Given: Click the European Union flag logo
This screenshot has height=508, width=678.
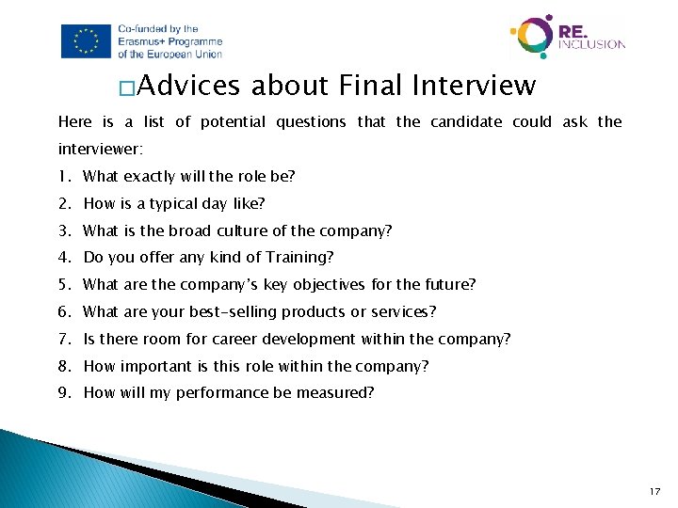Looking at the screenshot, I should point(88,41).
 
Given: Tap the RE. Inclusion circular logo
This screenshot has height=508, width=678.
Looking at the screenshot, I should point(532,37).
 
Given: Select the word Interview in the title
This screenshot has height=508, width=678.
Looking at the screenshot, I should point(475,87).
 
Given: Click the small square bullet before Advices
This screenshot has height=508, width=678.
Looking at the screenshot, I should point(127,89).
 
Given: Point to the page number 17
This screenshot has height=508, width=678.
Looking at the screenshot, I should point(655,492).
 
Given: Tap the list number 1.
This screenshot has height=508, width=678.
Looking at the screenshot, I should point(63,176).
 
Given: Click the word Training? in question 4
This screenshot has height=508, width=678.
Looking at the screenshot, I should point(300,257).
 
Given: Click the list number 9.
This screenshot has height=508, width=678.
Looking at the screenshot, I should point(63,392).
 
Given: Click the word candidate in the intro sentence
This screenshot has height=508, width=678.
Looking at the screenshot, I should point(466,122).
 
